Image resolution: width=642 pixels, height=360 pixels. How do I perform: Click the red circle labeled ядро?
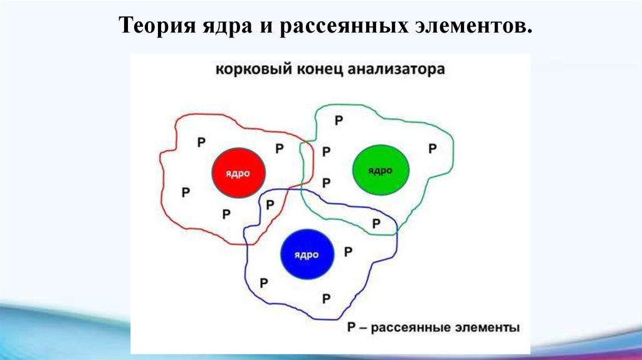239,173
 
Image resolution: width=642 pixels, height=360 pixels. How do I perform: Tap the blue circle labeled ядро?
307,255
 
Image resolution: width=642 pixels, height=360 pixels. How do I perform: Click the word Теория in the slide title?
157,28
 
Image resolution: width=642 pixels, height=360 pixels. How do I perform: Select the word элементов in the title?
479,28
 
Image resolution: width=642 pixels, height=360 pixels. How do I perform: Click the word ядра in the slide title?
226,28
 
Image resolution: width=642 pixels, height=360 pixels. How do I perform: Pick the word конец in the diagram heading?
318,69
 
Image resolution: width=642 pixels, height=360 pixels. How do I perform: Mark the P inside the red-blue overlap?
270,204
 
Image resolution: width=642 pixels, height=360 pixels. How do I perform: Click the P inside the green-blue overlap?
376,223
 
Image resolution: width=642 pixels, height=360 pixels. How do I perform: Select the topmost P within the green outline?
339,120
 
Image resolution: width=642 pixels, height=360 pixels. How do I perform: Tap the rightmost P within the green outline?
432,149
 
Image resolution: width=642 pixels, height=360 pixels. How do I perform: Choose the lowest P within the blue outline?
326,297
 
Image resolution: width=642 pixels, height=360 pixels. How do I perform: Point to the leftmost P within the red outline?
186,192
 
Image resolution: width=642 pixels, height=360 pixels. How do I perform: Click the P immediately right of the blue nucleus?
348,251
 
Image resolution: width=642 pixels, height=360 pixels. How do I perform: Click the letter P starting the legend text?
351,327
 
